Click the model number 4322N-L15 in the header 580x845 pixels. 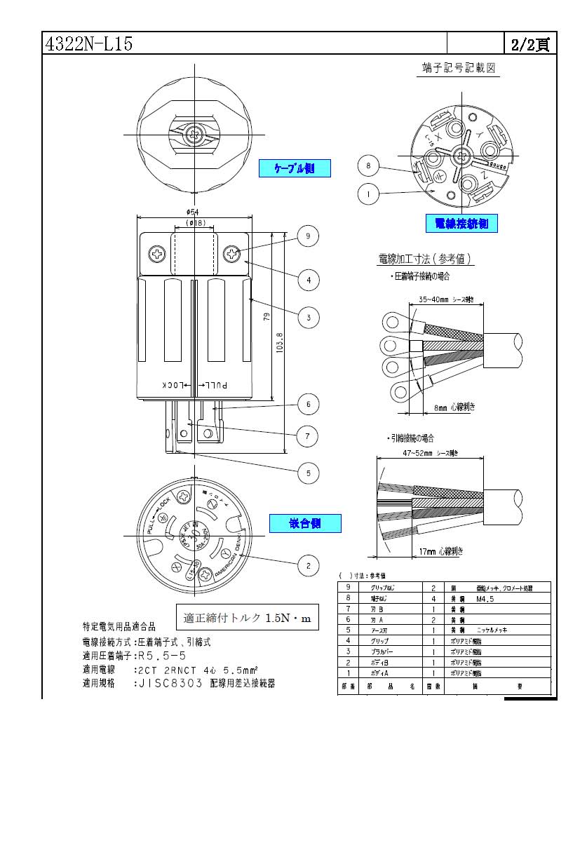click(88, 44)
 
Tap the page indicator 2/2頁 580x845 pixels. click(530, 44)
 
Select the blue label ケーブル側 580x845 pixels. click(295, 168)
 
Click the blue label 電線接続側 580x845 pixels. click(461, 224)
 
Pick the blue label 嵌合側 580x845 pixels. click(305, 523)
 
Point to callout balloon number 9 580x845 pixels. click(307, 236)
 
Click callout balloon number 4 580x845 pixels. click(307, 280)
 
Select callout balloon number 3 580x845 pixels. click(307, 318)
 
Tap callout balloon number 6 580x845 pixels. click(307, 404)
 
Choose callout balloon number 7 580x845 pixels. click(307, 436)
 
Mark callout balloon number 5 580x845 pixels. click(307, 473)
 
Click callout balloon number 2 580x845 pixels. click(307, 565)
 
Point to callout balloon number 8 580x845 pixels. click(368, 166)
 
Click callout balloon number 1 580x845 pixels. click(368, 193)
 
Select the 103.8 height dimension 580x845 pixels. click(280, 344)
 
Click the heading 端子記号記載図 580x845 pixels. click(459, 68)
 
